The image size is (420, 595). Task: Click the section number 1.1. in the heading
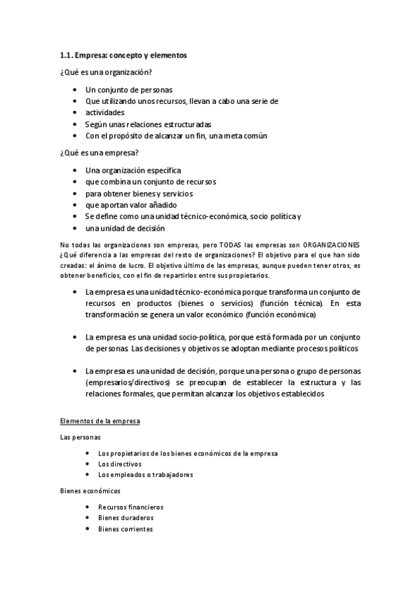[67, 55]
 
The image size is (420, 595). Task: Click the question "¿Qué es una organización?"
[105, 72]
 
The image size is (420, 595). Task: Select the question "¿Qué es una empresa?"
[99, 153]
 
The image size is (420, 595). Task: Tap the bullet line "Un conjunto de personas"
[128, 90]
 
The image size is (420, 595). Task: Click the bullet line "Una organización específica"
[133, 171]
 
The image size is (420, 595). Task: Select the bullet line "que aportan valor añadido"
[131, 205]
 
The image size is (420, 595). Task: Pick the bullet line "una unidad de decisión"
[125, 228]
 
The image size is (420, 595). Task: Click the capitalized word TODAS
[230, 245]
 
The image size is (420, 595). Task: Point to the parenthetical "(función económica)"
[280, 315]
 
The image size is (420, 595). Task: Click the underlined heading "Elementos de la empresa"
[100, 421]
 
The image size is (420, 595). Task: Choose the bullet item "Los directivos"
[119, 464]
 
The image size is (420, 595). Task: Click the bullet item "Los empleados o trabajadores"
[145, 474]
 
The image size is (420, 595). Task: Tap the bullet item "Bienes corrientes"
[125, 529]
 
